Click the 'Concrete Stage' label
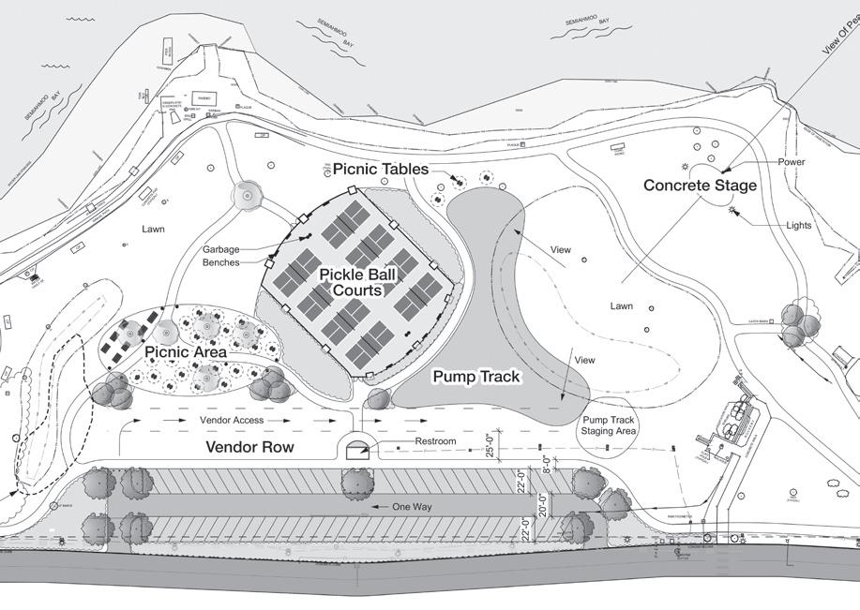[x=700, y=186]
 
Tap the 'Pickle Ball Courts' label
[x=351, y=282]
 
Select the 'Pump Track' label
[x=475, y=376]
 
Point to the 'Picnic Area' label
[x=186, y=352]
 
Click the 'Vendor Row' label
[x=249, y=448]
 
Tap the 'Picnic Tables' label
[x=381, y=170]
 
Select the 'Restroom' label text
[x=436, y=442]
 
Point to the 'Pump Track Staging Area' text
[x=610, y=426]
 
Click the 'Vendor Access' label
[x=233, y=422]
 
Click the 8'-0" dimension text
[x=548, y=466]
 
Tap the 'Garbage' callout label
[x=221, y=249]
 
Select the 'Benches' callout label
[x=220, y=262]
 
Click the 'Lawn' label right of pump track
[x=621, y=305]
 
